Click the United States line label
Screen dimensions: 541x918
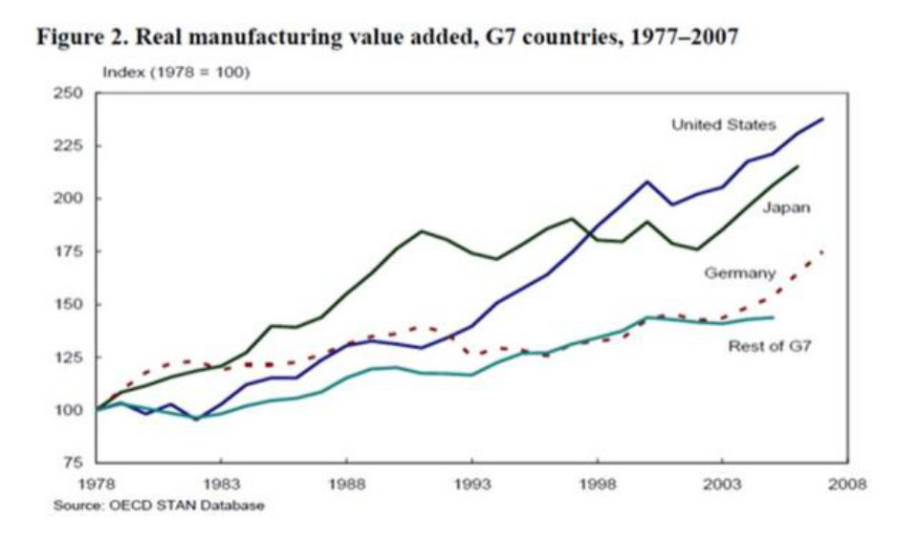pyautogui.click(x=723, y=125)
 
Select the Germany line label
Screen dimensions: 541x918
pyautogui.click(x=739, y=273)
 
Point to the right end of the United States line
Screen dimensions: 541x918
pyautogui.click(x=823, y=119)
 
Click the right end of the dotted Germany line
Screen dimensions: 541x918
pyautogui.click(x=822, y=251)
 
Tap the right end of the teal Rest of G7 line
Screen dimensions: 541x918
pyautogui.click(x=773, y=316)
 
